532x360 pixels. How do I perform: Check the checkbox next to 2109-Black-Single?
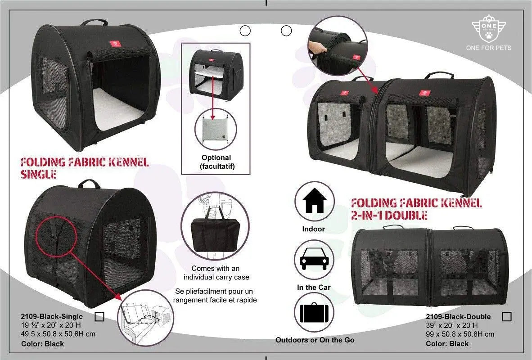pyautogui.click(x=99, y=317)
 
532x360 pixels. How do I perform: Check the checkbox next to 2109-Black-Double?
pyautogui.click(x=506, y=316)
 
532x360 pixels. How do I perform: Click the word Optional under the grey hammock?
pyautogui.click(x=216, y=157)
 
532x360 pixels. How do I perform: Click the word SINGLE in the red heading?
pyautogui.click(x=39, y=174)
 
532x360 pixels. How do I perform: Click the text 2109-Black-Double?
pyautogui.click(x=457, y=316)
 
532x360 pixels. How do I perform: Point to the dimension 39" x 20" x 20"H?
pyautogui.click(x=451, y=325)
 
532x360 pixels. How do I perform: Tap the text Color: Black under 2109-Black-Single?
pyautogui.click(x=42, y=344)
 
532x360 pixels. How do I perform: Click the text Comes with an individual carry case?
pyautogui.click(x=214, y=272)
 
